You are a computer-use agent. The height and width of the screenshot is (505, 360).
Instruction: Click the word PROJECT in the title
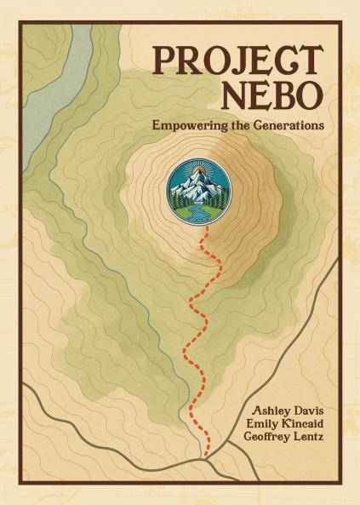click(237, 60)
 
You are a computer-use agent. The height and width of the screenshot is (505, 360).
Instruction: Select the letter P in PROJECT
click(164, 60)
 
